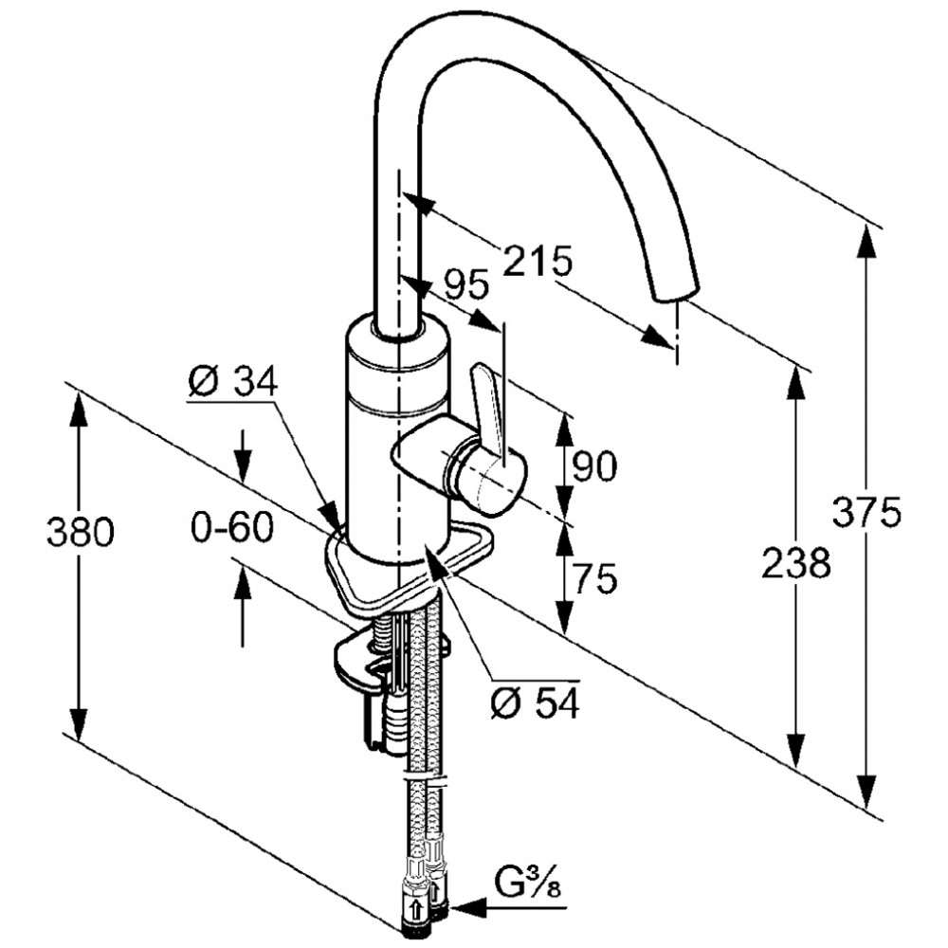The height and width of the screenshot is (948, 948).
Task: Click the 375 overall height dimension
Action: (866, 512)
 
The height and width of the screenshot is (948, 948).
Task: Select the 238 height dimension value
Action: (796, 562)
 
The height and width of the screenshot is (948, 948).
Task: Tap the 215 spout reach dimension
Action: (538, 262)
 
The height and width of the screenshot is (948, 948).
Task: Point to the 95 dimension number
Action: (466, 284)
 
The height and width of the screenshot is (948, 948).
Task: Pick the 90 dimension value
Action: (594, 466)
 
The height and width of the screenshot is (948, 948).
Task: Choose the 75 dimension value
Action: (594, 578)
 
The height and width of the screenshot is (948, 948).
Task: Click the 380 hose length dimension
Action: (81, 533)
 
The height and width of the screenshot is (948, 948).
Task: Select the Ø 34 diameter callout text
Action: (232, 381)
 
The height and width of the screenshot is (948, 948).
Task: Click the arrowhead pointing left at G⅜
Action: (468, 922)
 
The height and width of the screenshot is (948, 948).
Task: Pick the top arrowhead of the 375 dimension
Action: (869, 243)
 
